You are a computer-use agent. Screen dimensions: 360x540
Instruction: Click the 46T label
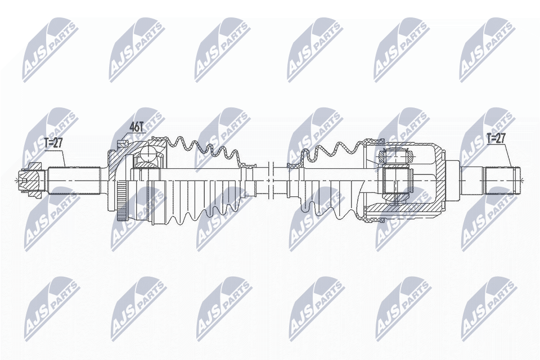pos(137,127)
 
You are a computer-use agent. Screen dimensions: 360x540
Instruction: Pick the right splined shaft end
pos(499,181)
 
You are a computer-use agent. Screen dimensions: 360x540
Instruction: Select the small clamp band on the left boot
pos(246,166)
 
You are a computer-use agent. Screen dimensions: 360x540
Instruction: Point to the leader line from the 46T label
pos(126,138)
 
